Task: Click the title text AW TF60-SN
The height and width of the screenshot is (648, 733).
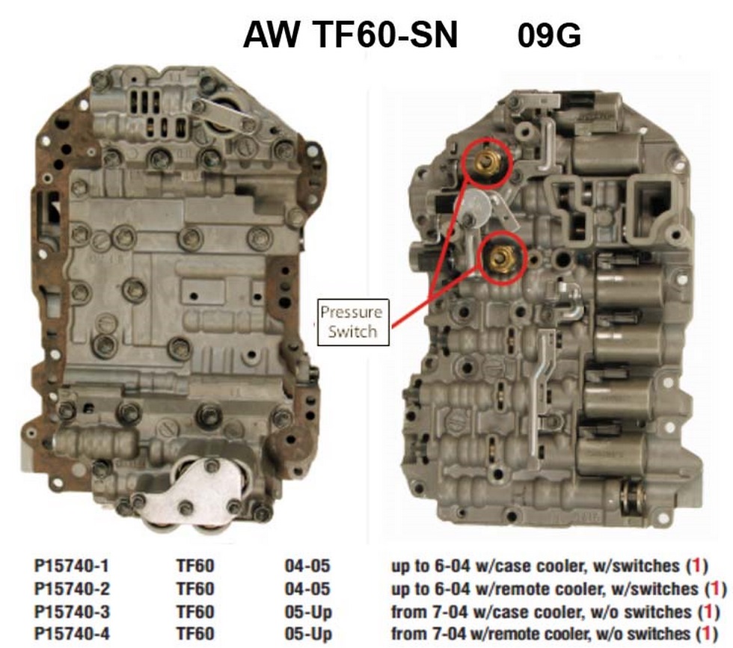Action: click(x=349, y=36)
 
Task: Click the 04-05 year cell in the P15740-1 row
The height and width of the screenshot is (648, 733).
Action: click(x=307, y=566)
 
